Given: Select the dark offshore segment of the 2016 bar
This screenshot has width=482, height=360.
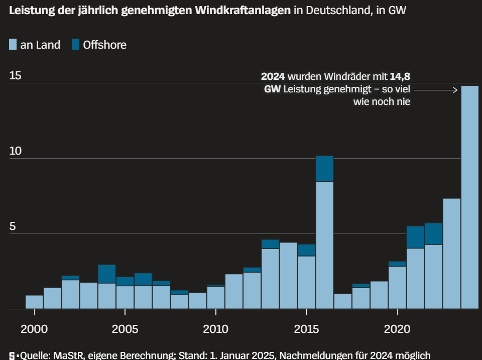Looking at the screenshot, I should pyautogui.click(x=324, y=169).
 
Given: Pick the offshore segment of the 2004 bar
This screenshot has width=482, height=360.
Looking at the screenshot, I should pyautogui.click(x=106, y=274).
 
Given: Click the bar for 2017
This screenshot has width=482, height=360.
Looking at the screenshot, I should pyautogui.click(x=342, y=301).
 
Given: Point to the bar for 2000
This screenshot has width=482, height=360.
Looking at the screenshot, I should pyautogui.click(x=34, y=302).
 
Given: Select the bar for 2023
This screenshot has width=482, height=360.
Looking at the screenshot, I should pyautogui.click(x=451, y=254).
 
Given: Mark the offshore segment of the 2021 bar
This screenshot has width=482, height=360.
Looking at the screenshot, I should pyautogui.click(x=415, y=237).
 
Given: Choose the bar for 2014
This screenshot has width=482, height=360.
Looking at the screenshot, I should pyautogui.click(x=288, y=276).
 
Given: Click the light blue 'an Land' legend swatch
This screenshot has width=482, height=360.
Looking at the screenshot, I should pyautogui.click(x=13, y=45).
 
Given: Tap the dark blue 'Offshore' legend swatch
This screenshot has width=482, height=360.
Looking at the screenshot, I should pyautogui.click(x=75, y=45).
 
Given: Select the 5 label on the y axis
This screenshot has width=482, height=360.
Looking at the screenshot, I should pyautogui.click(x=13, y=226).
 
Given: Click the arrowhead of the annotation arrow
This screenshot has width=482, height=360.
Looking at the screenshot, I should pyautogui.click(x=455, y=90).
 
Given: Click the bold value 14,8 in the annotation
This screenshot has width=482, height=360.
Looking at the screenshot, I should pyautogui.click(x=400, y=77).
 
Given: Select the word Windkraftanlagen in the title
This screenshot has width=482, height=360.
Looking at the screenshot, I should pyautogui.click(x=238, y=11).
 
